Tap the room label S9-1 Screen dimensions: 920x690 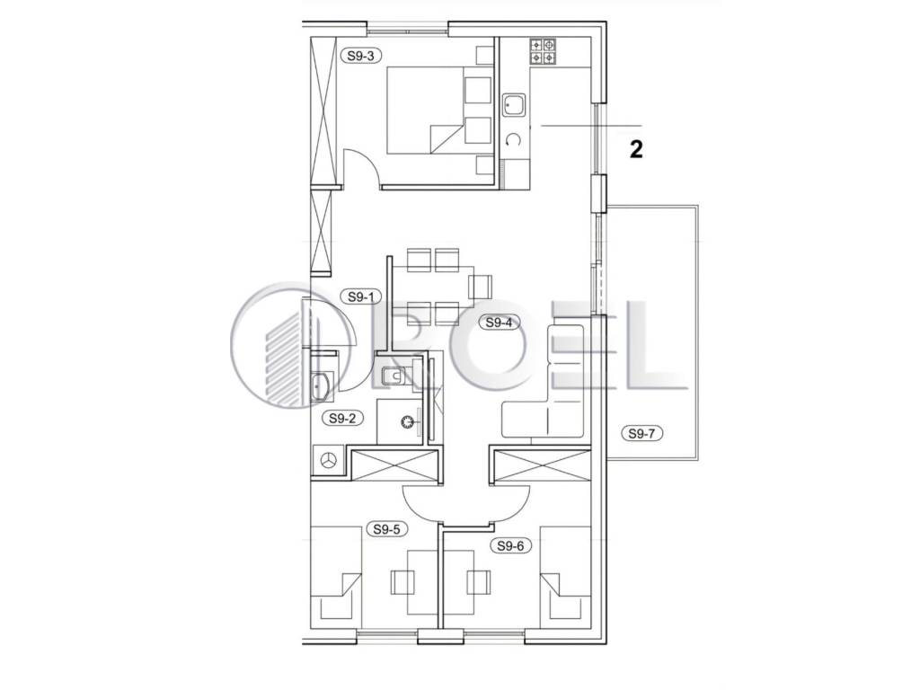pyautogui.click(x=361, y=296)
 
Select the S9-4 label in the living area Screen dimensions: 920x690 pyautogui.click(x=499, y=323)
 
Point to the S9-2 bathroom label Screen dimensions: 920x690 pyautogui.click(x=342, y=419)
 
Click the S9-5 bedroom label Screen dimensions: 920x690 pyautogui.click(x=386, y=528)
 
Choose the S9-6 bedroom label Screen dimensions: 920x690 pyautogui.click(x=510, y=545)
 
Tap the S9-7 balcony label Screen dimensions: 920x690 pyautogui.click(x=641, y=434)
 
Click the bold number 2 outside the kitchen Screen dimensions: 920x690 pyautogui.click(x=636, y=149)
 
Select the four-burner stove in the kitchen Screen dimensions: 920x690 pyautogui.click(x=542, y=51)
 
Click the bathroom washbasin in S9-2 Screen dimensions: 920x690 pyautogui.click(x=321, y=386)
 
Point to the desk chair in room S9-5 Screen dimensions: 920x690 pyautogui.click(x=403, y=582)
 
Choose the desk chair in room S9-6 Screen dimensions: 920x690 pyautogui.click(x=479, y=582)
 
